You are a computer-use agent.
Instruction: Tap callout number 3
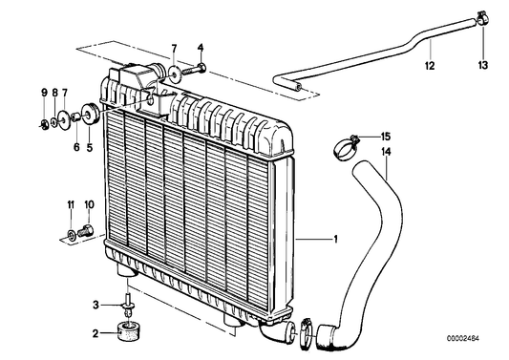pos(95,305)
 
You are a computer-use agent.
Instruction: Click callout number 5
pos(91,148)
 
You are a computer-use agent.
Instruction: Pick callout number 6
pos(76,148)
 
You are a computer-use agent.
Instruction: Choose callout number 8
pos(53,92)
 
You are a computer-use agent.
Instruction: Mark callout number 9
pos(43,92)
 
